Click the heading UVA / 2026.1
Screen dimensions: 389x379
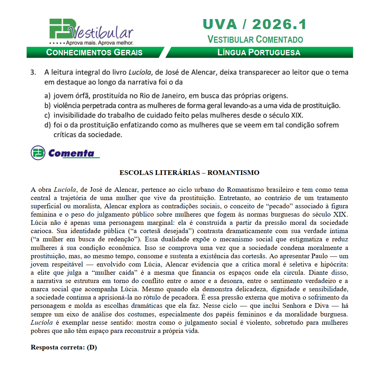(x=254, y=24)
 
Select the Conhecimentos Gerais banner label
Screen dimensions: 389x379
(x=94, y=52)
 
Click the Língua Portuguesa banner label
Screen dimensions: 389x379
(x=259, y=52)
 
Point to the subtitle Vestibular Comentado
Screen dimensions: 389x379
(x=255, y=40)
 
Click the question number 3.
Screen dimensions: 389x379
(x=33, y=72)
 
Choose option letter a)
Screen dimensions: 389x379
(x=47, y=96)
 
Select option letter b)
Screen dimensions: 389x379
(x=47, y=106)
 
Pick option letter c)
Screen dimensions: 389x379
(x=47, y=115)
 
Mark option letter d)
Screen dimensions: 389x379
(x=47, y=125)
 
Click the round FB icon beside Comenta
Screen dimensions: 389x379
(x=38, y=153)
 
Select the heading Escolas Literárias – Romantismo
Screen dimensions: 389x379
(x=189, y=173)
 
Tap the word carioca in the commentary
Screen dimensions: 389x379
(x=41, y=231)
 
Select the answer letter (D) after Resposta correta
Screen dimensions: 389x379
(x=92, y=348)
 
